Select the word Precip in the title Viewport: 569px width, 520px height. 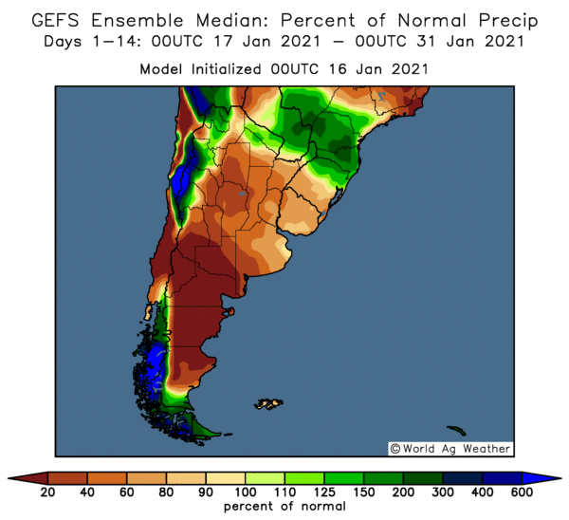click(503, 20)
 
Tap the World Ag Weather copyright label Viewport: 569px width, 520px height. click(450, 449)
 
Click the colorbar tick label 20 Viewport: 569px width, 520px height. click(47, 492)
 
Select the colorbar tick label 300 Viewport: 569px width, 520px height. click(442, 492)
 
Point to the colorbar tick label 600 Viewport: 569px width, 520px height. click(521, 492)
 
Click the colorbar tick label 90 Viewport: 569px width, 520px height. click(205, 492)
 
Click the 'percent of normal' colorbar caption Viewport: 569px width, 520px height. click(284, 508)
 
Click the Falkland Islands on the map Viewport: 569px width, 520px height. click(269, 403)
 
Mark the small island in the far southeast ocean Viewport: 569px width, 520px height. click(457, 429)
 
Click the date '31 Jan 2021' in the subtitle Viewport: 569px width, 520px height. click(471, 42)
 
